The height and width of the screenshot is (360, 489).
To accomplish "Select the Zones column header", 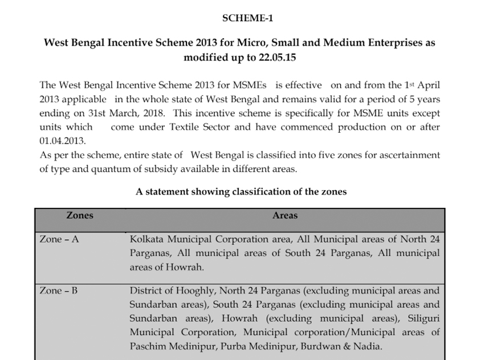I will [80, 216].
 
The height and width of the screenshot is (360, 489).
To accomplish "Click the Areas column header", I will [284, 216].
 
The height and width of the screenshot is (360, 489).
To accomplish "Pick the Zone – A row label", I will [59, 239].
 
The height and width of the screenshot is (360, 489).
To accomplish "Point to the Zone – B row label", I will [59, 291].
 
